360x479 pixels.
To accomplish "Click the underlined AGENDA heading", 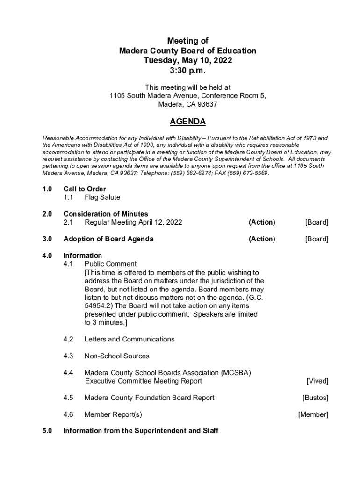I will (x=187, y=122).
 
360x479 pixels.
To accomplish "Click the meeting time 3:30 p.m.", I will (x=187, y=71).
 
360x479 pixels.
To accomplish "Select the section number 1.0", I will (x=47, y=189).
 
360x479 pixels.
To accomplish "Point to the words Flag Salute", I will (x=102, y=197).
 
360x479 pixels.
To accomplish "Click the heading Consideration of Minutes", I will (x=106, y=214).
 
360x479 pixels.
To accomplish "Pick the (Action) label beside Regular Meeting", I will (x=262, y=222).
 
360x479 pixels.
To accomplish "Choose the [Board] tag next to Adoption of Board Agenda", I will (x=317, y=239).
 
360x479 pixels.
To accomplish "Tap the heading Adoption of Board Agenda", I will (x=108, y=239).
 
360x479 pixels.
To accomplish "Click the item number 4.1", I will (x=68, y=264).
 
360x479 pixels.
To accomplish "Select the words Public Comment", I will (x=110, y=264).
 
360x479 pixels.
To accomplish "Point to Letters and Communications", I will (x=130, y=339).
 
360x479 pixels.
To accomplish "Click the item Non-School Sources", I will (x=117, y=356).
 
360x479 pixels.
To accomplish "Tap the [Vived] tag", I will (x=317, y=381).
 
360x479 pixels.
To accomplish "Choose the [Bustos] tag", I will (x=315, y=398).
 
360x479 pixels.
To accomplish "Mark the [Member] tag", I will (x=313, y=414).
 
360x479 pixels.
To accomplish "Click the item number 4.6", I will (x=68, y=414).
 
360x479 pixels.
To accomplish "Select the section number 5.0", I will (x=47, y=431).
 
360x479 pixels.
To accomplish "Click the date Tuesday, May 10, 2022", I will (x=187, y=60).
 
